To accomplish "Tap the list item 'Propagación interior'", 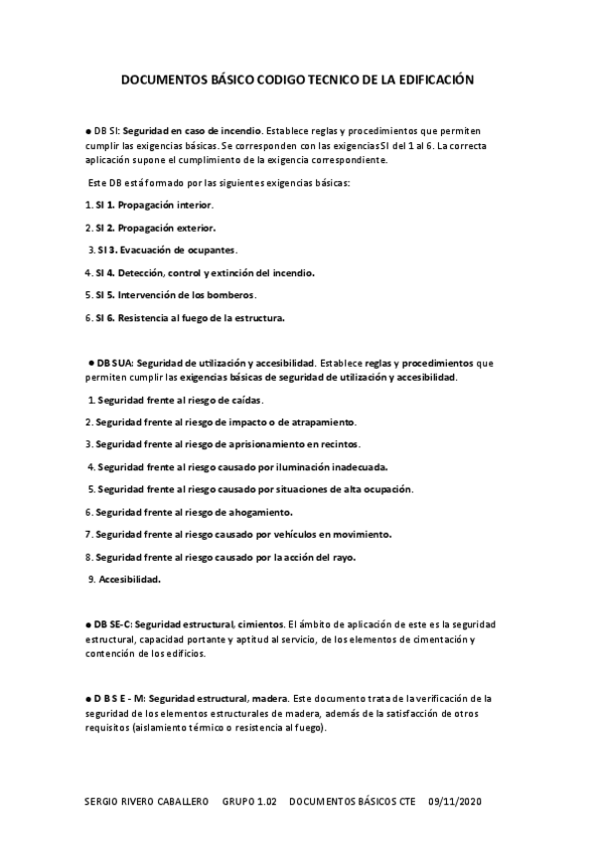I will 166,205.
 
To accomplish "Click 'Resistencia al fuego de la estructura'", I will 202,318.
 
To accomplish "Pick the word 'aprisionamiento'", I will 260,444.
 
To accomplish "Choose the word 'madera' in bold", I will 267,698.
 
